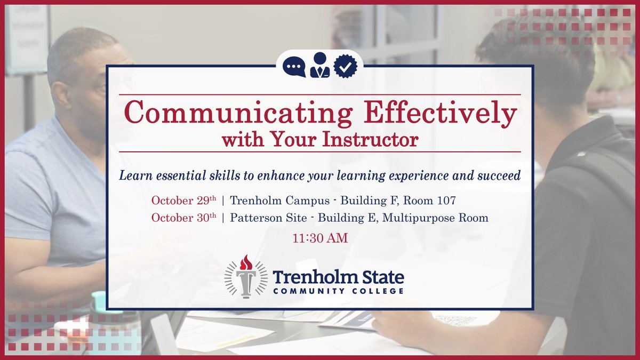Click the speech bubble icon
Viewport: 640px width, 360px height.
tap(294, 67)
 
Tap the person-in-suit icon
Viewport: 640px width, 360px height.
tap(320, 65)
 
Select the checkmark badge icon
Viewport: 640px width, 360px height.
tap(346, 66)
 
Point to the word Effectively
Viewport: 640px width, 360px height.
tap(441, 113)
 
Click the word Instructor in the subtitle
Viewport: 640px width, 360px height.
tap(370, 140)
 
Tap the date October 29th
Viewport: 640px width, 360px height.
tap(183, 200)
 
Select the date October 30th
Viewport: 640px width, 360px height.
tap(183, 218)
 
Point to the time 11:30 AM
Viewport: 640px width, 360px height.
tap(320, 238)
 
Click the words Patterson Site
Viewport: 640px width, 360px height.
tap(268, 218)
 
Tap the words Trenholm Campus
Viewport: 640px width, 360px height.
tap(279, 201)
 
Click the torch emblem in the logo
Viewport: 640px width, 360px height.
tap(246, 277)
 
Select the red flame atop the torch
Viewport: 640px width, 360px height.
tap(246, 262)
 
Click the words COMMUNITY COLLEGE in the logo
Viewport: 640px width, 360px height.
tap(338, 291)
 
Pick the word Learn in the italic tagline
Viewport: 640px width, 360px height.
tap(135, 175)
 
